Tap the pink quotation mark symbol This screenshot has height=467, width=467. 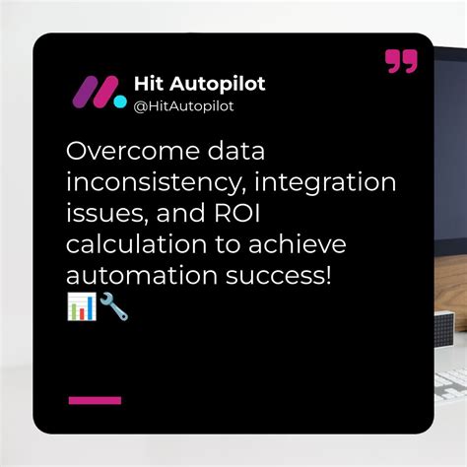(401, 62)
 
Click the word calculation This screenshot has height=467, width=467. (136, 243)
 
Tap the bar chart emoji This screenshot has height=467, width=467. (81, 306)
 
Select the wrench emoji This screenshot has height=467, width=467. (112, 306)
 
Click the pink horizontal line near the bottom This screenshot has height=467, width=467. (95, 400)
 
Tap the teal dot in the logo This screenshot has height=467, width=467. (119, 100)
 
